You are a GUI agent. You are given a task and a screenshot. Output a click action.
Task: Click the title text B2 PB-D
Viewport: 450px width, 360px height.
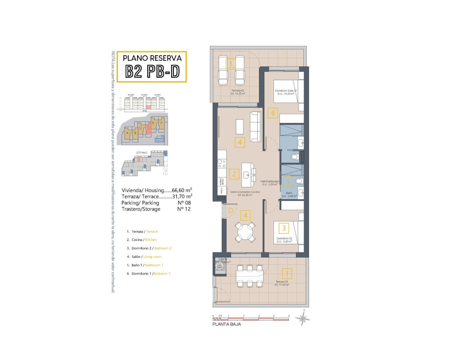pos(152,71)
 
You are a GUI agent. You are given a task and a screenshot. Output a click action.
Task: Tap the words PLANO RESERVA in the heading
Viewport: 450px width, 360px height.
pos(152,58)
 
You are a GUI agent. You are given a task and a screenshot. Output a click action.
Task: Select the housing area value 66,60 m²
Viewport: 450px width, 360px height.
pos(182,190)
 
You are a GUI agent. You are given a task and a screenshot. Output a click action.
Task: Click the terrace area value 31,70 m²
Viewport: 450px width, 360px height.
pos(182,197)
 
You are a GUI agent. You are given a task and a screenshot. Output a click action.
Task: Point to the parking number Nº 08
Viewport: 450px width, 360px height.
pos(184,203)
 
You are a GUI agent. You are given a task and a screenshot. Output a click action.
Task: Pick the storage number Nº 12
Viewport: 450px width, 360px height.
pos(184,209)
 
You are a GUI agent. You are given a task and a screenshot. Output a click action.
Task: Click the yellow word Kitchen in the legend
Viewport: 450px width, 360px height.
pos(151,240)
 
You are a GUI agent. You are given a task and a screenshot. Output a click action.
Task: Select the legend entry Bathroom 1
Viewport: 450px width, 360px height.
pos(154,265)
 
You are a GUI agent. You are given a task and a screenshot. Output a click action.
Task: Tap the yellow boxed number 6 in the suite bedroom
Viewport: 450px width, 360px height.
pos(273,113)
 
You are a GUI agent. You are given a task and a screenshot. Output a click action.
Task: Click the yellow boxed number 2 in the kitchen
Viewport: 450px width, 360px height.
pos(234,174)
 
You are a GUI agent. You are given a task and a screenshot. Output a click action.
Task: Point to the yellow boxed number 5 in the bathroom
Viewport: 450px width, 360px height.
pos(288,181)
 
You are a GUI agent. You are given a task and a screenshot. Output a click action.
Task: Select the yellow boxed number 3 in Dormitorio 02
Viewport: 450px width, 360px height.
pos(284,228)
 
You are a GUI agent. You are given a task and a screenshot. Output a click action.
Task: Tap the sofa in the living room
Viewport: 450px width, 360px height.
pos(256,127)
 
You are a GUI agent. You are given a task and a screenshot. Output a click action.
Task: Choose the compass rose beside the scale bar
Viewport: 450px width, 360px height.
pos(302,319)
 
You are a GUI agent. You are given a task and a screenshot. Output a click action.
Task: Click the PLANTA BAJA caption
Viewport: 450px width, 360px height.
pos(226,324)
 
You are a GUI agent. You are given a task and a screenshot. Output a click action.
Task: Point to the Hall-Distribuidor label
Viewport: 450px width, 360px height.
pos(269,181)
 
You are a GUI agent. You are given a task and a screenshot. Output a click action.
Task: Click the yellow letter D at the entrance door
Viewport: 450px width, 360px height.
pos(231,211)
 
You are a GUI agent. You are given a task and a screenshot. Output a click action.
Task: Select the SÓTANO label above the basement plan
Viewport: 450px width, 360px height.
pos(142,153)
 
